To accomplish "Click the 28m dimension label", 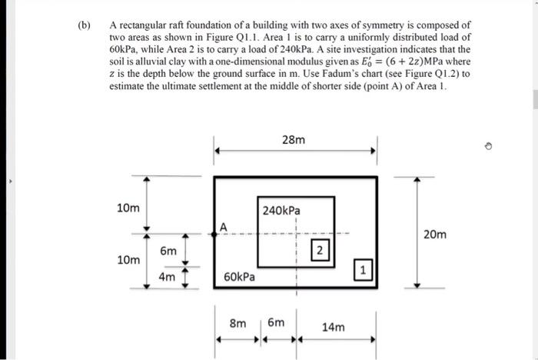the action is click(294, 140).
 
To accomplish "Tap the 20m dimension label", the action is click(434, 234).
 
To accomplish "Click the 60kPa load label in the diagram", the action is click(240, 275).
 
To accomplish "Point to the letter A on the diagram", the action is click(223, 226).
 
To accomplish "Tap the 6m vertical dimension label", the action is click(168, 252).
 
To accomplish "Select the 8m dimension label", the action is click(238, 324).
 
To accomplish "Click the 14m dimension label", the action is click(334, 327).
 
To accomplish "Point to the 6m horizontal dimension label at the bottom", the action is click(275, 324).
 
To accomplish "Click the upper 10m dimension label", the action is click(128, 208).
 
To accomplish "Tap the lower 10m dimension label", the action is click(128, 260).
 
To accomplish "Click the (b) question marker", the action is click(84, 25).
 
